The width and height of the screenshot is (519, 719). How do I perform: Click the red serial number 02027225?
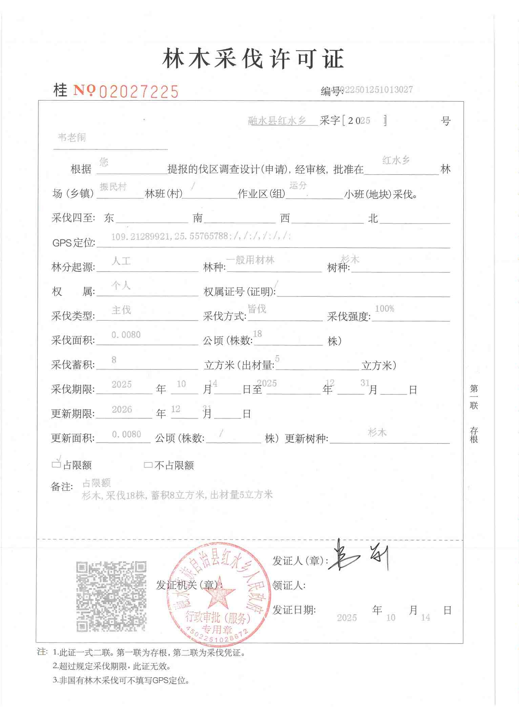click(x=139, y=91)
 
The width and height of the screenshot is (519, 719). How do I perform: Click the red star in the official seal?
click(x=220, y=593)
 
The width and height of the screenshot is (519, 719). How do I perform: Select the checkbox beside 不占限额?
click(x=148, y=465)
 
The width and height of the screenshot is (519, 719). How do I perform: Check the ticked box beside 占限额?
click(x=56, y=464)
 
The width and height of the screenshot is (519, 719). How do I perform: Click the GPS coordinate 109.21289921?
click(x=140, y=237)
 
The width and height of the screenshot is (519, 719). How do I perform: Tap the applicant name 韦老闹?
click(x=72, y=137)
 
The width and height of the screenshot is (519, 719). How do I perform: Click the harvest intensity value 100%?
click(x=385, y=308)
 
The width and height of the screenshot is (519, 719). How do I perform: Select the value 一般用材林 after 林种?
click(x=250, y=260)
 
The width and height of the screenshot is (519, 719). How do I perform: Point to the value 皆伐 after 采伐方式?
click(x=257, y=309)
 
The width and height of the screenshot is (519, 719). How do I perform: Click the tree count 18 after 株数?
click(x=257, y=334)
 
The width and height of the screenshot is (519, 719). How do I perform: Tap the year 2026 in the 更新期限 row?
click(x=122, y=409)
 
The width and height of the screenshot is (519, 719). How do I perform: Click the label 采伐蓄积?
click(x=73, y=365)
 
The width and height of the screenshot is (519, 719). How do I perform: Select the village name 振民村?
click(x=113, y=187)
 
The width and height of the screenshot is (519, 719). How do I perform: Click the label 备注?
click(x=62, y=487)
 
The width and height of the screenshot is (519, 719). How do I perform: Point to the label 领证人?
click(x=289, y=585)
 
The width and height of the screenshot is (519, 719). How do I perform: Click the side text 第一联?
click(x=474, y=397)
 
